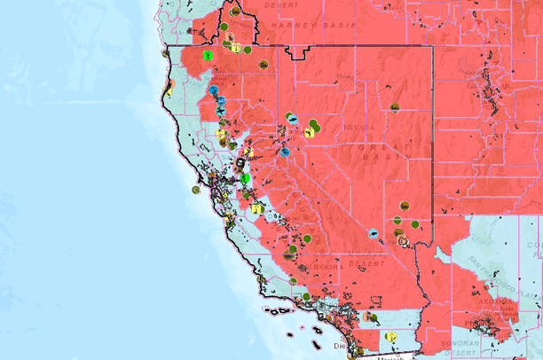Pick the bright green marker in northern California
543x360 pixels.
[208, 55]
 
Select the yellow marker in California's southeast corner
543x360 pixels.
[390, 337]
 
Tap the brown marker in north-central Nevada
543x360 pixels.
[394, 107]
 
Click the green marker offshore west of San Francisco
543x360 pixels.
[195, 189]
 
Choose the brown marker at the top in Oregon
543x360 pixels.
[234, 12]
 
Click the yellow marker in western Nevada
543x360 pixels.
[308, 132]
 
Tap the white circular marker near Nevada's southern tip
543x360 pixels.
[403, 239]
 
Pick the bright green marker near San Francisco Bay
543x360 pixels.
[245, 178]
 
